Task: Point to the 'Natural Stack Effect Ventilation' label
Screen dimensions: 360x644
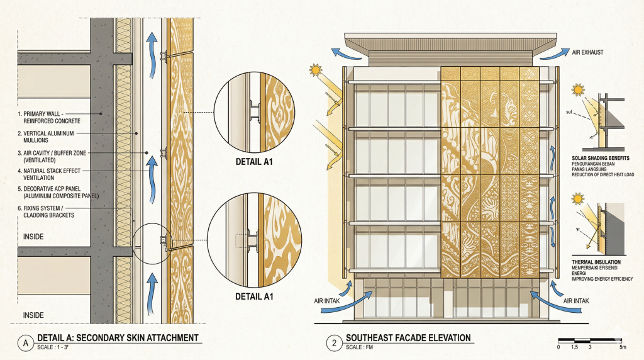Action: (x=45, y=174)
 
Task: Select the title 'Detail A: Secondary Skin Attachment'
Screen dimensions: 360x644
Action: (x=118, y=338)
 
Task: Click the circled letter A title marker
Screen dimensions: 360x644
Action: (x=25, y=343)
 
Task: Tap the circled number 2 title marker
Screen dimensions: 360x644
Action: (x=332, y=343)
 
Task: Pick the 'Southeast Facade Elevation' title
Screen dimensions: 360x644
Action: (x=408, y=338)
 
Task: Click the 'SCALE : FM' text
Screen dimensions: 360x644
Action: (x=363, y=348)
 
